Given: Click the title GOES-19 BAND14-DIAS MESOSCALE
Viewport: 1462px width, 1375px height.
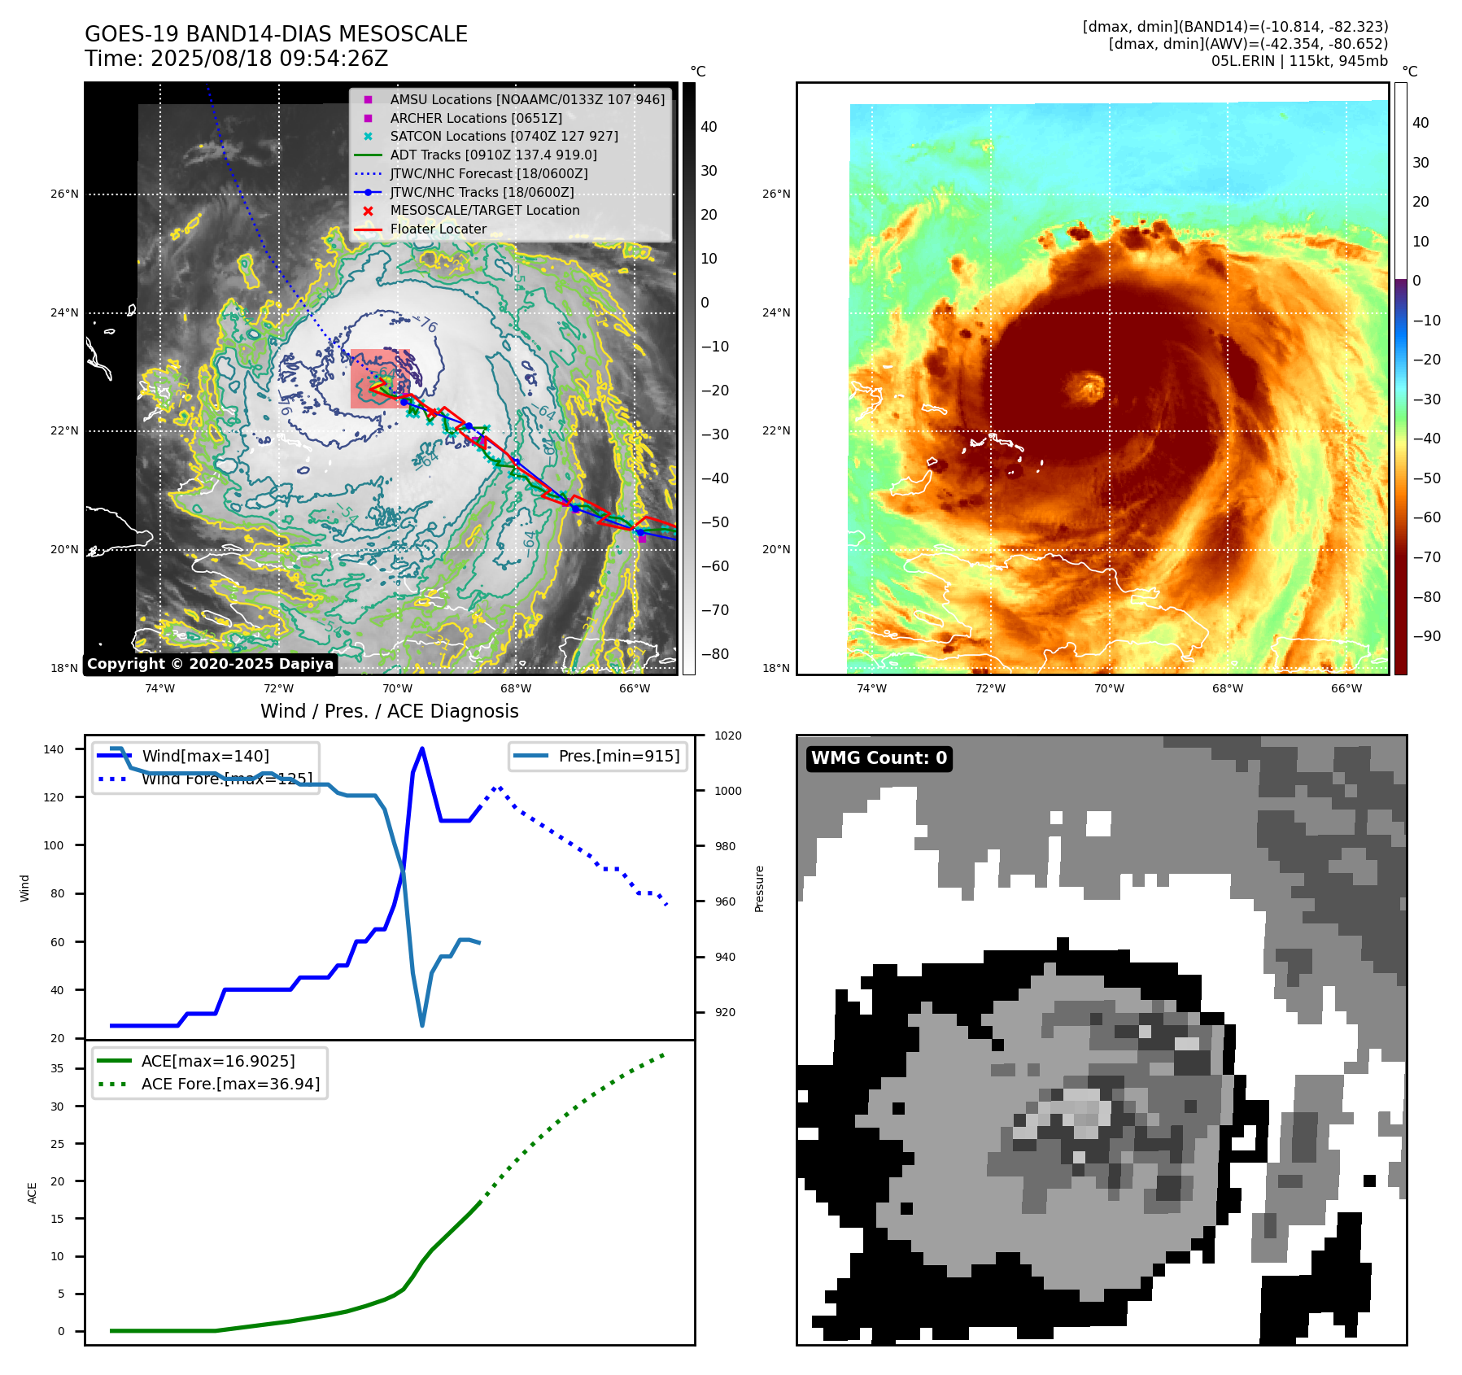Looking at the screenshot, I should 276,34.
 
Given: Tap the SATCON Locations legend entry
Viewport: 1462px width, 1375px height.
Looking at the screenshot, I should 504,136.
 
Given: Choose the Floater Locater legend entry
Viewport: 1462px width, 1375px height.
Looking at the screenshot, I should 438,229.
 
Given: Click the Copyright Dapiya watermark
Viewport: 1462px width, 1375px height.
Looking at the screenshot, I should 210,664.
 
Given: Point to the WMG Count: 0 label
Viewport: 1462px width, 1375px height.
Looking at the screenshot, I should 879,758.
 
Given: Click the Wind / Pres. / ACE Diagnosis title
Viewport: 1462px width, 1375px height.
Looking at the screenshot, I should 389,711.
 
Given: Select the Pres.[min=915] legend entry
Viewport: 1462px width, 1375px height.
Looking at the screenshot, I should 618,756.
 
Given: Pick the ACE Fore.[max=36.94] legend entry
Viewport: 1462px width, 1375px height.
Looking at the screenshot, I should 230,1084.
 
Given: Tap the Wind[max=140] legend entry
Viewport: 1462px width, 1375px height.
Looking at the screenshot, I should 205,756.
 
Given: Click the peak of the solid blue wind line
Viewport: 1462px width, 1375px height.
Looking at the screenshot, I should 421,749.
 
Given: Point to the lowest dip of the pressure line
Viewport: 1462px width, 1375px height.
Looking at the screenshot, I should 422,1025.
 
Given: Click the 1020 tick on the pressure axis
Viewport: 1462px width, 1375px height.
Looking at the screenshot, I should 727,736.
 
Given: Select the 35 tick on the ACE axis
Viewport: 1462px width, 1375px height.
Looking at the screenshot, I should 57,1068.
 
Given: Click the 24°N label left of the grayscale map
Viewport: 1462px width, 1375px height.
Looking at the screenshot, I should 64,312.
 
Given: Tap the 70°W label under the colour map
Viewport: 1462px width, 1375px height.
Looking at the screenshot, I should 1109,688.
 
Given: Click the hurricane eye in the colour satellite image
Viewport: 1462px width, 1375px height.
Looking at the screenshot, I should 1087,386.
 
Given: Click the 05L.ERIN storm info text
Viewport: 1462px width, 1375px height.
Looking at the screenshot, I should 1299,61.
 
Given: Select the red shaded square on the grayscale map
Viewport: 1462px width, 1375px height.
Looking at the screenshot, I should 380,378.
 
